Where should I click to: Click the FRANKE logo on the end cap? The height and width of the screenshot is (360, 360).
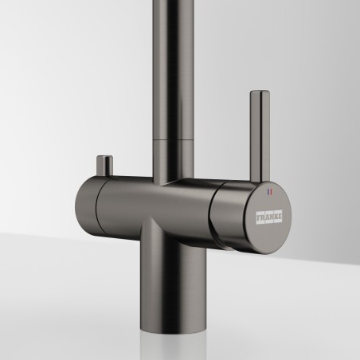pos(269,217)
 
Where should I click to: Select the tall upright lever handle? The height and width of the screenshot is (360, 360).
pos(260,136)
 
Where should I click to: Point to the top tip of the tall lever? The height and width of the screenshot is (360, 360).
pos(260,91)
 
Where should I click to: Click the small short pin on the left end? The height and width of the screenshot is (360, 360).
pos(104,166)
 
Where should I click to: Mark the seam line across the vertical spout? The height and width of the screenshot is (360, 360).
pos(173,139)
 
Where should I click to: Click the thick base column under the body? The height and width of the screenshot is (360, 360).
pos(173,276)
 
